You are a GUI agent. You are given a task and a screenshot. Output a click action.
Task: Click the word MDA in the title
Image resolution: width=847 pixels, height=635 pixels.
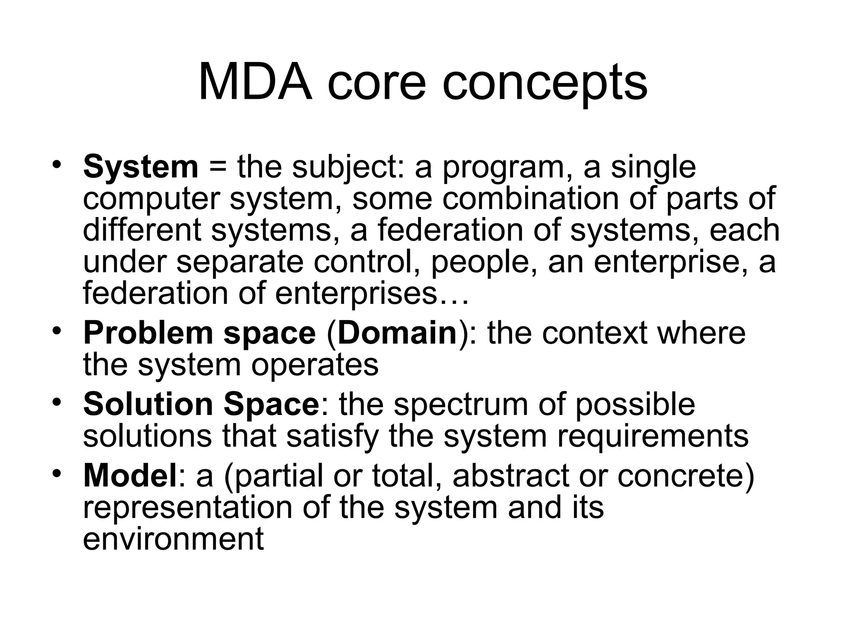[255, 83]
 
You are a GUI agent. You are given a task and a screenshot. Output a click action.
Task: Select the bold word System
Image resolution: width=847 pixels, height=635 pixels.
[141, 167]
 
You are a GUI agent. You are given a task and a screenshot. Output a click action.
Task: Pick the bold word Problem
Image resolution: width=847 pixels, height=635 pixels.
[148, 333]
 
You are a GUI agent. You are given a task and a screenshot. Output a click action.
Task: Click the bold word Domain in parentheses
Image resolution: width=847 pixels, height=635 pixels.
[397, 333]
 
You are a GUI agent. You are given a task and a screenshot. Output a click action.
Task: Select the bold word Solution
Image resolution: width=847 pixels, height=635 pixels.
[148, 404]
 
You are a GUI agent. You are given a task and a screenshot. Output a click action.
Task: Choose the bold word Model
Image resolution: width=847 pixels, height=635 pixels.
[130, 475]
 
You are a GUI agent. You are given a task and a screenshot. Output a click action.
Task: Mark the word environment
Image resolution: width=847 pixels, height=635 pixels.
[173, 539]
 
